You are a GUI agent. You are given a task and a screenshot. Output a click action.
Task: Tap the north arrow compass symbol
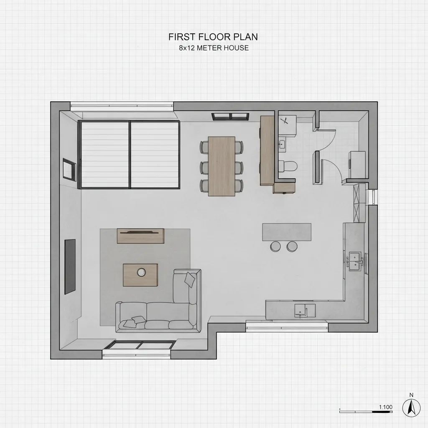coord(411,408)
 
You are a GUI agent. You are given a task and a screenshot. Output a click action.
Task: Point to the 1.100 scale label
coord(386,407)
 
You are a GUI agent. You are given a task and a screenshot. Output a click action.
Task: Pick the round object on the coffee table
coord(141,272)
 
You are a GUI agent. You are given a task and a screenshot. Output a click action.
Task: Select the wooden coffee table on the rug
coord(140,275)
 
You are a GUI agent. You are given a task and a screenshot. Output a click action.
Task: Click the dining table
coord(222,166)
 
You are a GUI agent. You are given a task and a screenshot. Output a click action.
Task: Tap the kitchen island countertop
coord(287,232)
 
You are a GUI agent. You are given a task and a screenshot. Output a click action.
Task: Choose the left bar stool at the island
coord(275,246)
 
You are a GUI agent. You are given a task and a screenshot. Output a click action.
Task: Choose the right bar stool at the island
coord(292,246)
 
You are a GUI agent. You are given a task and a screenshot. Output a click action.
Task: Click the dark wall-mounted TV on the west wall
coord(70,267)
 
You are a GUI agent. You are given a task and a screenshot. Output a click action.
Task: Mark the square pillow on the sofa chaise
coord(190,279)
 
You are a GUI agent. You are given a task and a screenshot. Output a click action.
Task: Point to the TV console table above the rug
coord(140,236)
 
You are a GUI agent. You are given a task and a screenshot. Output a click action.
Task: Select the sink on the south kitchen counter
coord(305,311)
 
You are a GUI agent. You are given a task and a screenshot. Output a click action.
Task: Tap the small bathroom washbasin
coord(282,145)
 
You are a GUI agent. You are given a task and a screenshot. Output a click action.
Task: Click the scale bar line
coord(366,412)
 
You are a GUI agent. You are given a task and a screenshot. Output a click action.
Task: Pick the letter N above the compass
coord(411,395)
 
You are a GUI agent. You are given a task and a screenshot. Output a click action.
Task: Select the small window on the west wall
coord(69,169)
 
